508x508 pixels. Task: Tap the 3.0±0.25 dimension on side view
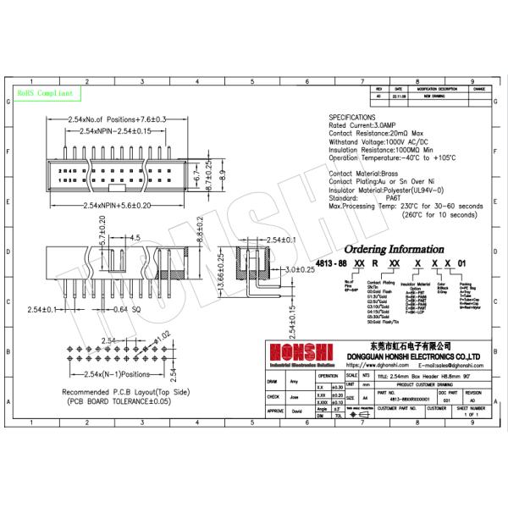(x=297, y=269)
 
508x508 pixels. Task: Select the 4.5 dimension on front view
(x=136, y=238)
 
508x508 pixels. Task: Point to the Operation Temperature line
(x=398, y=157)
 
